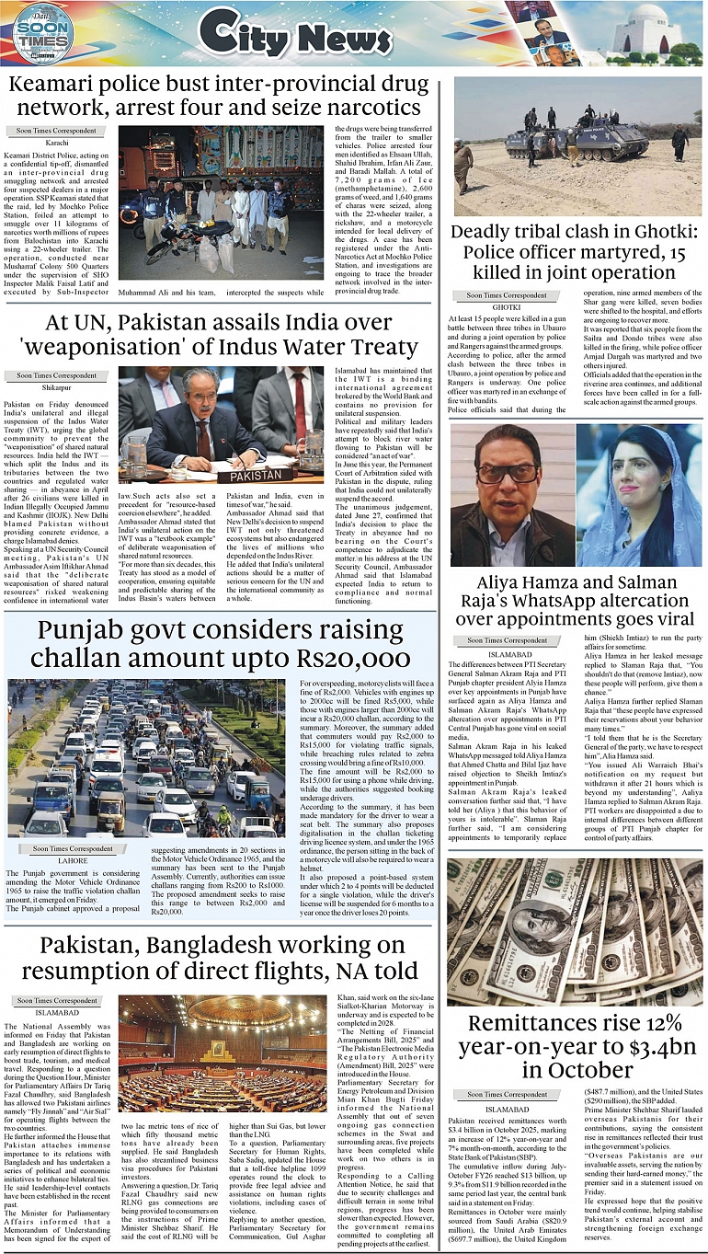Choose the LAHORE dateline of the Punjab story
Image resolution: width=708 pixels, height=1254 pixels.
pyautogui.click(x=61, y=861)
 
